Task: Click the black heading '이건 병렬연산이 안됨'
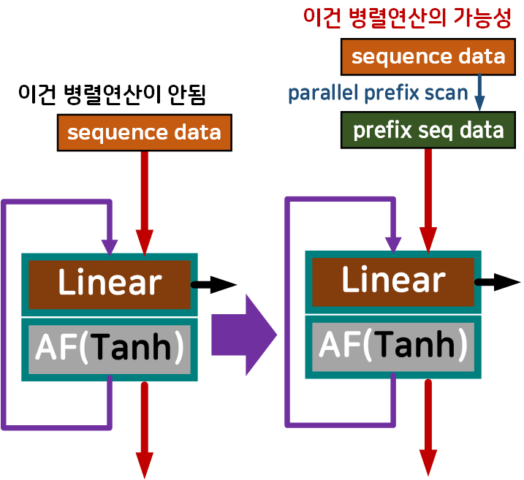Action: click(111, 95)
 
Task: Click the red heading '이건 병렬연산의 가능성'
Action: click(407, 18)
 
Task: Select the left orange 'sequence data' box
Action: click(144, 132)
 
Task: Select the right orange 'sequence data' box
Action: click(428, 57)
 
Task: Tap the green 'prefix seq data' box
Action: click(428, 130)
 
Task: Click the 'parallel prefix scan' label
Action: click(377, 94)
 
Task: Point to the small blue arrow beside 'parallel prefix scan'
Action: click(480, 94)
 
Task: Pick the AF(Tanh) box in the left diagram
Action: click(110, 348)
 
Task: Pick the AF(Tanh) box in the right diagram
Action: click(393, 344)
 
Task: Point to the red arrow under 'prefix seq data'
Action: click(428, 197)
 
